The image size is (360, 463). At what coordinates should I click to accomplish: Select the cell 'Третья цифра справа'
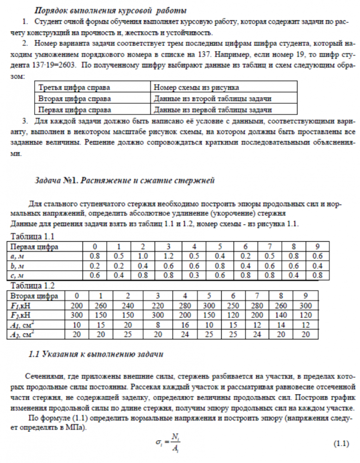(x=74, y=88)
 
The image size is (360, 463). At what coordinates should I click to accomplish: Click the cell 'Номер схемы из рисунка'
(x=196, y=88)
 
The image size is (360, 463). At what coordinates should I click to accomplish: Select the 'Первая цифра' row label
(x=34, y=247)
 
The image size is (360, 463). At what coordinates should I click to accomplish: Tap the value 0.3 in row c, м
(x=194, y=275)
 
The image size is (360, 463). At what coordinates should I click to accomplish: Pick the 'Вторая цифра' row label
(x=34, y=295)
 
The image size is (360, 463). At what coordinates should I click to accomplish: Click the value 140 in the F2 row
(x=281, y=315)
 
